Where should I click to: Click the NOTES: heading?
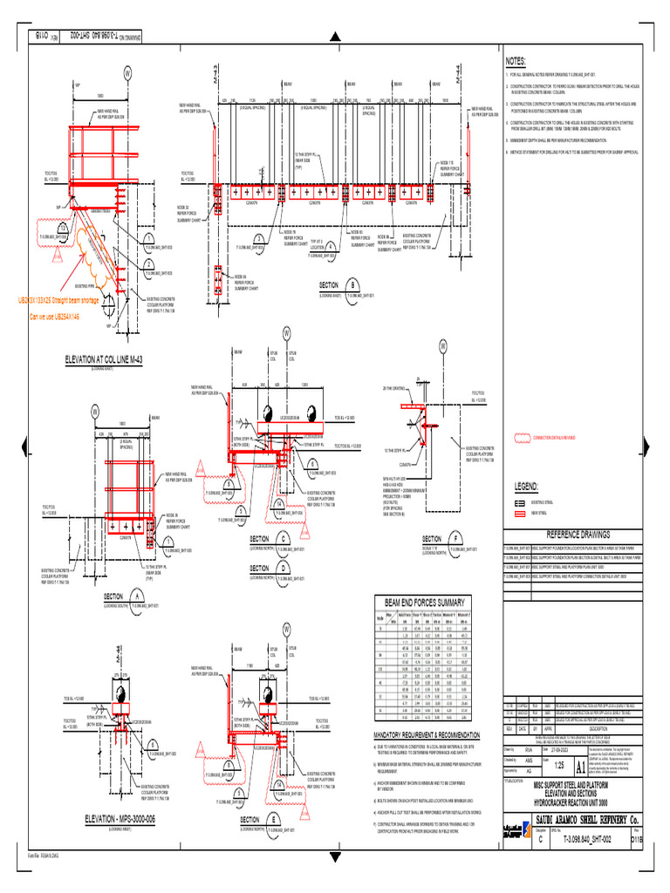coord(516,61)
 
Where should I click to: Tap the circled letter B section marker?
coord(352,285)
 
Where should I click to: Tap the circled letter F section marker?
coord(456,539)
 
